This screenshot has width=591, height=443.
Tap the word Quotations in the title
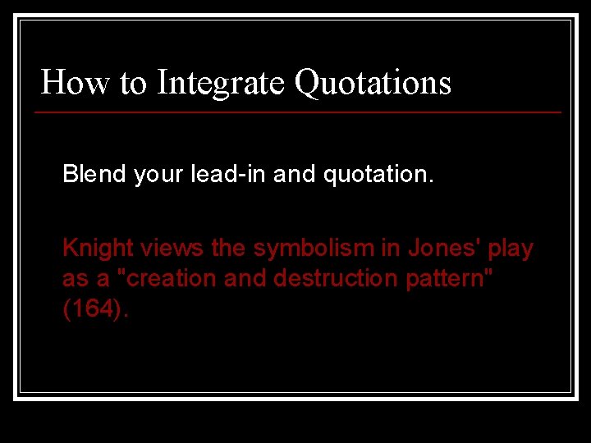tap(373, 82)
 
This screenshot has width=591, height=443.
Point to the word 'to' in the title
tap(133, 82)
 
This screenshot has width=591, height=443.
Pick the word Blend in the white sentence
tap(94, 174)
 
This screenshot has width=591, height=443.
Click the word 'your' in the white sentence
tap(158, 174)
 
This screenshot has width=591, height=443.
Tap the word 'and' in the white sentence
tap(292, 174)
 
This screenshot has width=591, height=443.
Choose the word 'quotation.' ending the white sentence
tap(377, 174)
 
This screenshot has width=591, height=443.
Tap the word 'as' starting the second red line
tap(75, 279)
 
